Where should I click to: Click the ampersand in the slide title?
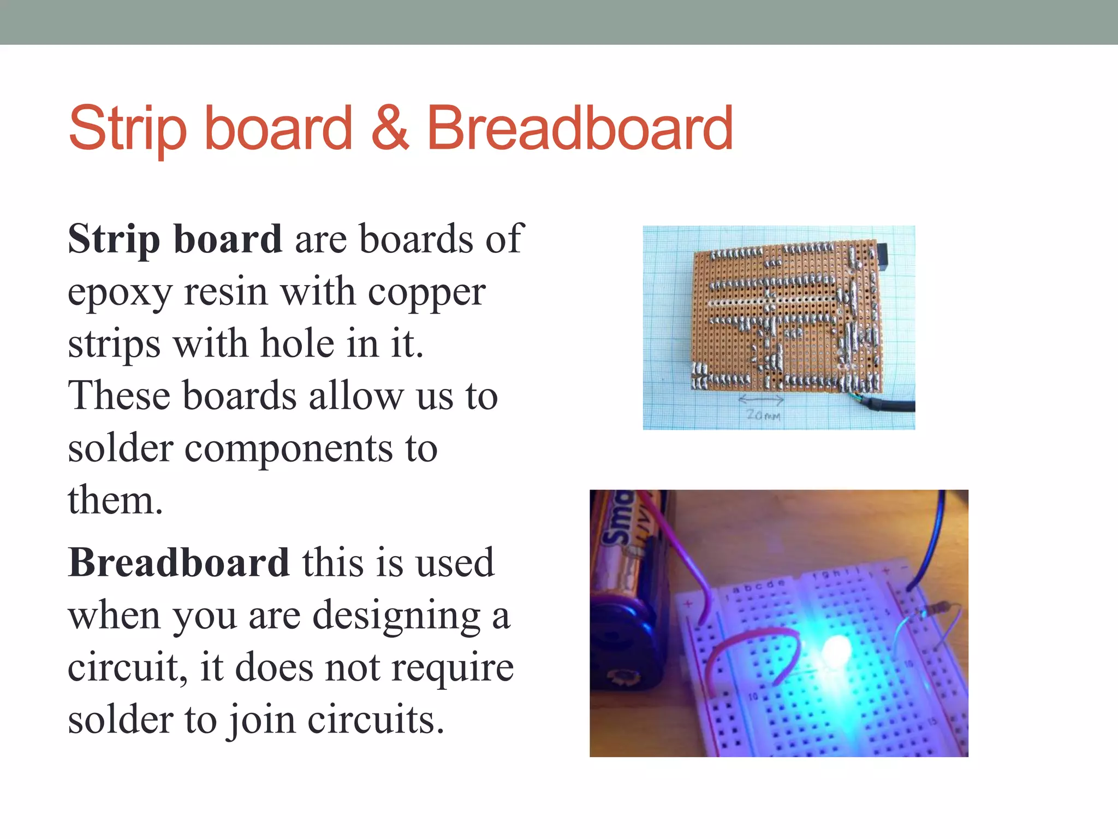pos(390,128)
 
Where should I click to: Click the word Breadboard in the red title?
pos(579,129)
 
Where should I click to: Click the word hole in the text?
pos(298,344)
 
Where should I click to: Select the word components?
pos(289,448)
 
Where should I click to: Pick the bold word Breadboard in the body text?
pos(179,562)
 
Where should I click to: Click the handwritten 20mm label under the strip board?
pos(763,416)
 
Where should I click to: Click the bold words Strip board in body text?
pos(175,239)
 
